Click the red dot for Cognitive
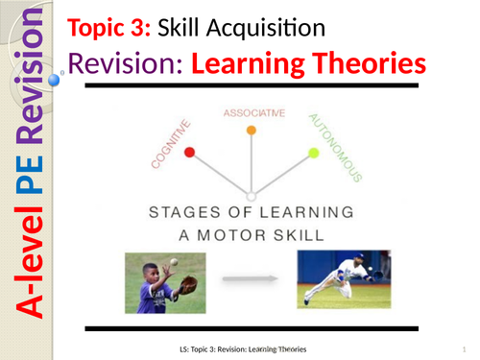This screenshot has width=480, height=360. (189, 152)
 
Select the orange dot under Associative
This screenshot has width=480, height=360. (252, 130)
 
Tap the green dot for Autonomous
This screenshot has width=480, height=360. (313, 152)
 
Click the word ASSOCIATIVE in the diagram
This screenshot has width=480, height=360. (253, 112)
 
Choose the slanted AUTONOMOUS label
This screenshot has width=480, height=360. (334, 146)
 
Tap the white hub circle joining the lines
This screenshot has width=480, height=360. (252, 197)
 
